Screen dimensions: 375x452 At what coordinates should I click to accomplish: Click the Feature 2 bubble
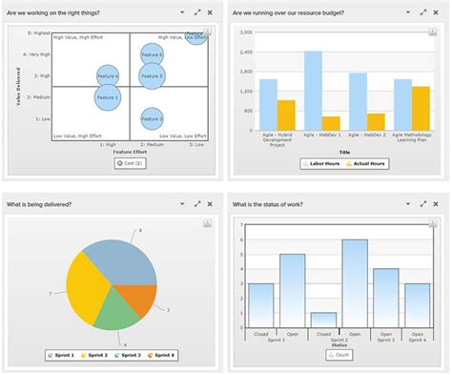152,119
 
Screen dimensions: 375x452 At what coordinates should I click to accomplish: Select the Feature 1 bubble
108,96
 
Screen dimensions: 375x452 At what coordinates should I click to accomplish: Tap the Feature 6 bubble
195,36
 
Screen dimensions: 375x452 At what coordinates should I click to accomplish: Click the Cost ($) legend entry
130,163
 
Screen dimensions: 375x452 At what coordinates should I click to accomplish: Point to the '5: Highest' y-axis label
35,32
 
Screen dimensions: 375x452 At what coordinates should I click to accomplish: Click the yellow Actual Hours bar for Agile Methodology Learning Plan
421,108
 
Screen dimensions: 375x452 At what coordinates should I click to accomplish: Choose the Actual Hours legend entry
367,163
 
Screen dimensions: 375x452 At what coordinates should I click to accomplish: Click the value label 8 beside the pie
140,230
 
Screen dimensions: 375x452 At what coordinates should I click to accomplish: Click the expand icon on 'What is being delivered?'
197,203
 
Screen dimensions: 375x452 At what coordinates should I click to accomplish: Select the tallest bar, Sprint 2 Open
355,283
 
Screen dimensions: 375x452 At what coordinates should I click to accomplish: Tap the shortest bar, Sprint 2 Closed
323,320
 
